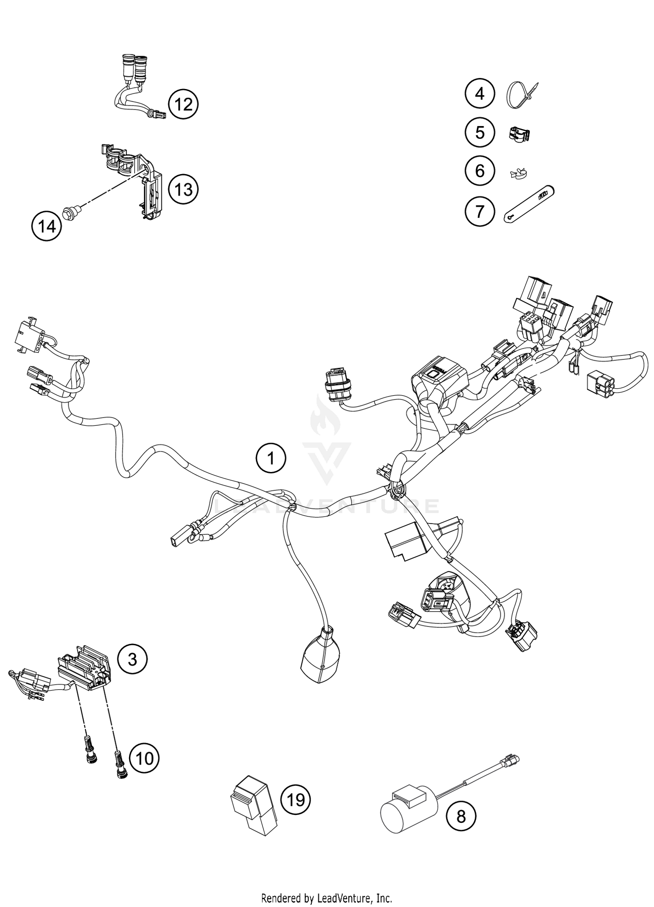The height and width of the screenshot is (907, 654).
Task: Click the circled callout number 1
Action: coord(271,459)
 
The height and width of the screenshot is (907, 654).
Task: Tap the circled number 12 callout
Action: coord(183,104)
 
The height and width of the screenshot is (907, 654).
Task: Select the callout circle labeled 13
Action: coord(183,190)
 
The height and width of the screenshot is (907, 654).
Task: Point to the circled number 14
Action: coord(47,226)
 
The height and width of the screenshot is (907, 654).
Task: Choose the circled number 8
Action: coord(461,816)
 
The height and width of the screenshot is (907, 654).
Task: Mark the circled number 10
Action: coord(144,759)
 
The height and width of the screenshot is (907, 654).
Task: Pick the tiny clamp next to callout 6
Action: coord(518,174)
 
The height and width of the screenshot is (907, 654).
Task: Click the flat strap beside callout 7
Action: coord(528,205)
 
